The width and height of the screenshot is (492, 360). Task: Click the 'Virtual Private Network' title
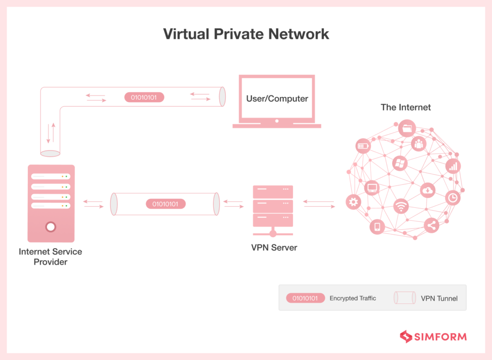click(246, 34)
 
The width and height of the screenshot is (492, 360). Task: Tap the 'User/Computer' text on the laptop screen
click(277, 98)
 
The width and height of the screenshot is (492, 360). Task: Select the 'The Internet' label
click(406, 107)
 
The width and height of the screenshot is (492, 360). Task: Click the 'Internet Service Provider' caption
click(50, 257)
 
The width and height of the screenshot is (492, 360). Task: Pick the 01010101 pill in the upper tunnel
click(144, 97)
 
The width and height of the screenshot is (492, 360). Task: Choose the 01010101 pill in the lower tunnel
click(165, 204)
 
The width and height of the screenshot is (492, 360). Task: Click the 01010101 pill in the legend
click(305, 298)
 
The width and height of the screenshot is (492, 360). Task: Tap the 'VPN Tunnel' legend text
click(439, 298)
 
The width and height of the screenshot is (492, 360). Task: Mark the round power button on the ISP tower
click(50, 227)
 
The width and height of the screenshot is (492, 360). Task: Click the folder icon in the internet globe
click(406, 128)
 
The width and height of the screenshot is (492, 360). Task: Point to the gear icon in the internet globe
click(354, 202)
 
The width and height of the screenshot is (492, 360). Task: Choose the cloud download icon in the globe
click(427, 190)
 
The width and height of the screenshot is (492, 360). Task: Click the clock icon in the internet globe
click(452, 197)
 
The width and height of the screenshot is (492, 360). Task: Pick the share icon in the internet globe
click(431, 226)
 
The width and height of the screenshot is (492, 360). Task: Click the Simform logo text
click(440, 336)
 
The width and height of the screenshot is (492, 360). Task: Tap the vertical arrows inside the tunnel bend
click(50, 133)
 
